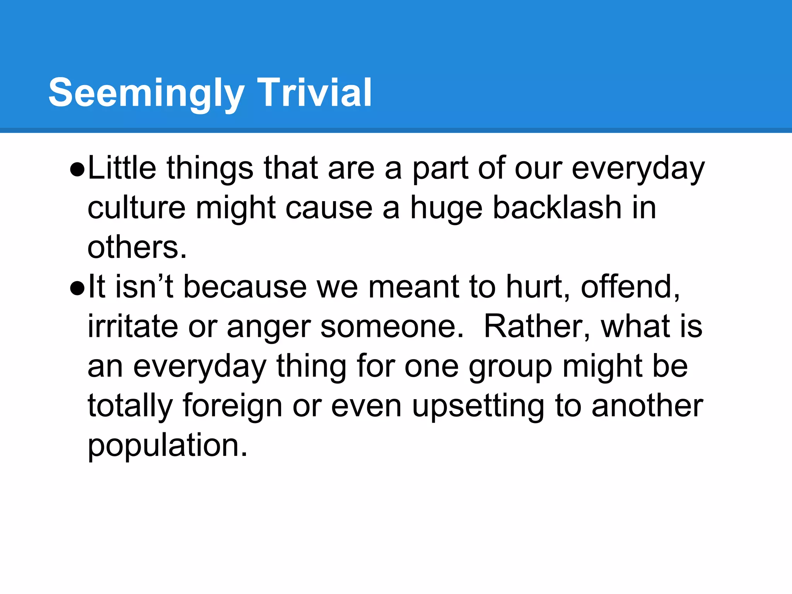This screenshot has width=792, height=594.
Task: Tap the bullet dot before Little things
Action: [77, 170]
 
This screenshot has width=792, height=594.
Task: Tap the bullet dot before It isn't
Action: [77, 288]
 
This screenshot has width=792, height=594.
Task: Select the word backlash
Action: [557, 207]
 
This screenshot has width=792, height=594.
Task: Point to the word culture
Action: [137, 207]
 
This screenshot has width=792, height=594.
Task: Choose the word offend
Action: [630, 287]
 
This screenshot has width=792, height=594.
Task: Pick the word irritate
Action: [133, 327]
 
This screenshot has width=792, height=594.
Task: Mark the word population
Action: [167, 446]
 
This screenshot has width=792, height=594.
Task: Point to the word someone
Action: [392, 327]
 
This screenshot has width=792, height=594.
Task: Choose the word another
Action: [647, 406]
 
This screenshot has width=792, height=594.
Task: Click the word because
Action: [245, 287]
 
